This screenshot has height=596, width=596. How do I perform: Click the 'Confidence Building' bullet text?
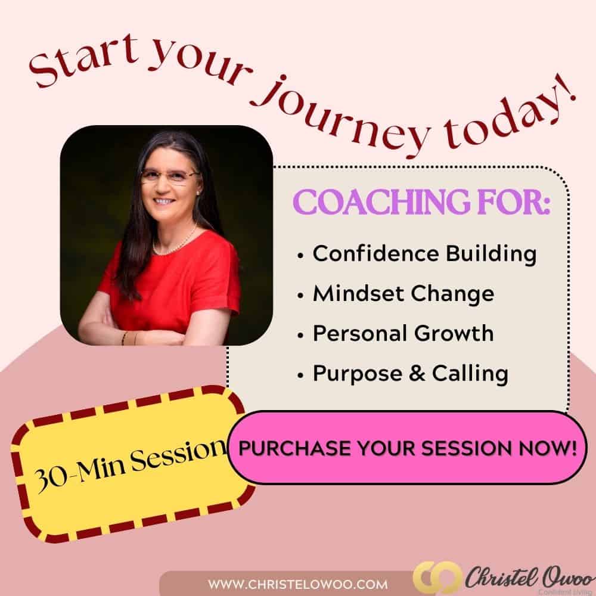point(424,253)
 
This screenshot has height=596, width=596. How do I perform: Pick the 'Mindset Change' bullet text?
point(403,293)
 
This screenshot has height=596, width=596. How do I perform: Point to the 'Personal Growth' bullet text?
point(403,333)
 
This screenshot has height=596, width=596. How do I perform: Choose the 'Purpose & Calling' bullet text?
point(410,373)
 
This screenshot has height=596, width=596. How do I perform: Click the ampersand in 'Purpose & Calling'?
point(417,373)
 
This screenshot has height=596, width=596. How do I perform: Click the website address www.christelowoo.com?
point(297,584)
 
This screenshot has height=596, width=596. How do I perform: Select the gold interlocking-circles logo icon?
point(437,578)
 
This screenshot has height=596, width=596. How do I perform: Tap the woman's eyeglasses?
point(170,176)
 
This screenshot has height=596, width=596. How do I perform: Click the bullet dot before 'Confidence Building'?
point(300,256)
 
